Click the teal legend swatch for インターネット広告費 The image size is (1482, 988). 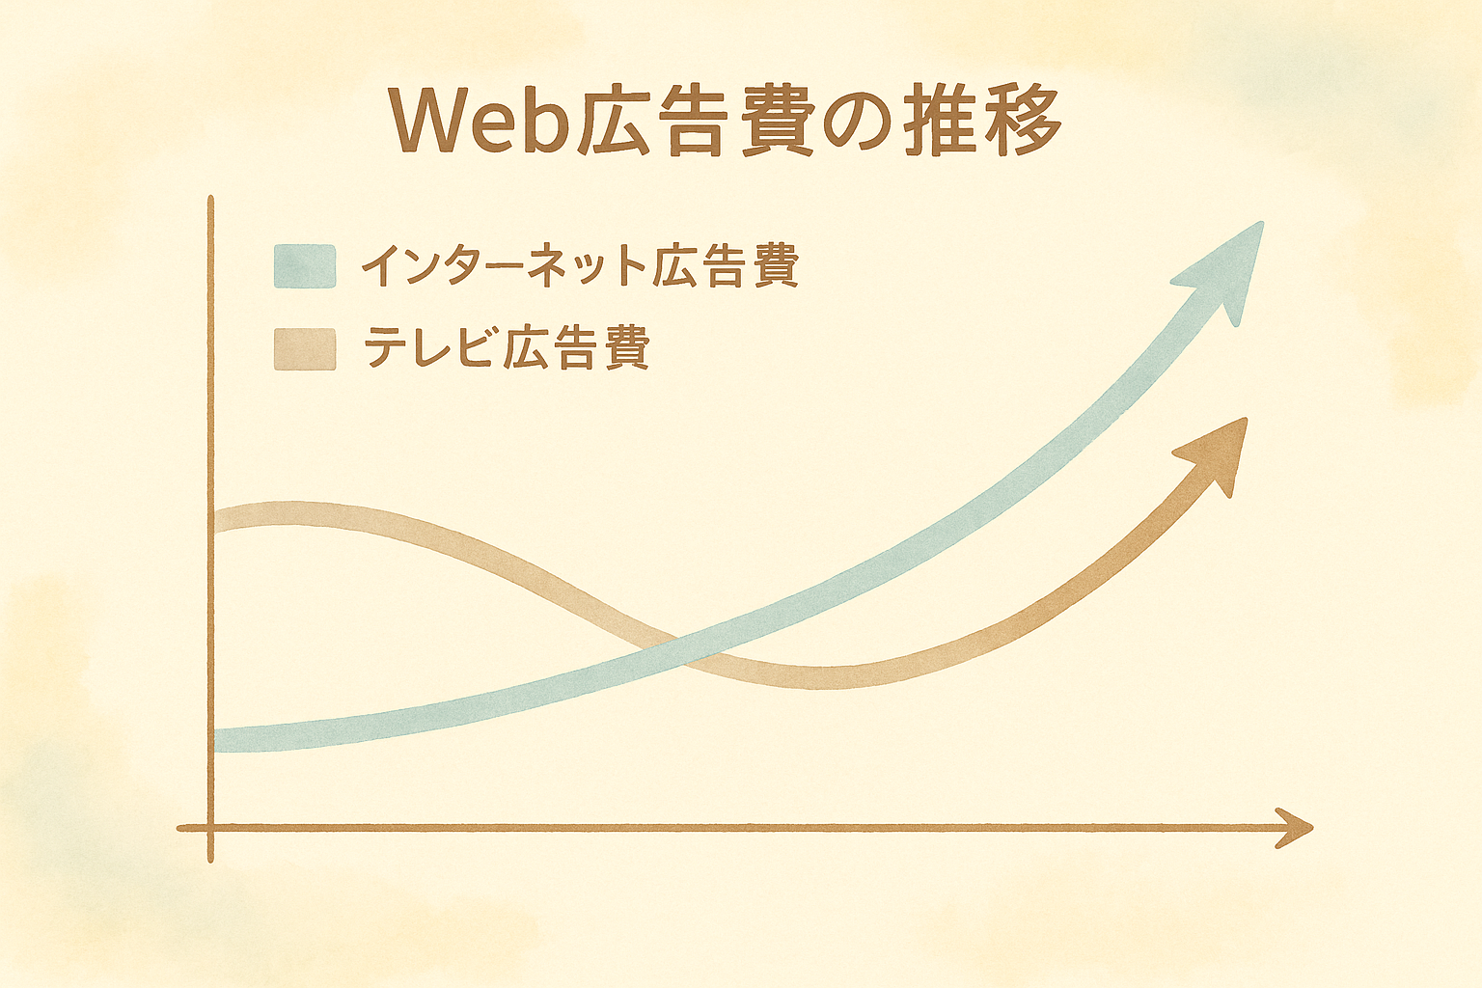point(305,266)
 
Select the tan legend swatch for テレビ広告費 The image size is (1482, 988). point(305,348)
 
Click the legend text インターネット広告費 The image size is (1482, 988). point(580,266)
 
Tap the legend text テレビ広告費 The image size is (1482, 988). point(507,346)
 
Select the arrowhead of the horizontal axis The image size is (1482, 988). point(1295,827)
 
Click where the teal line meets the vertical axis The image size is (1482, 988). point(215,740)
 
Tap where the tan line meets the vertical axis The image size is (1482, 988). point(215,519)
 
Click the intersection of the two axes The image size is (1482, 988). point(211,827)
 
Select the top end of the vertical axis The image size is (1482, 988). point(211,198)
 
